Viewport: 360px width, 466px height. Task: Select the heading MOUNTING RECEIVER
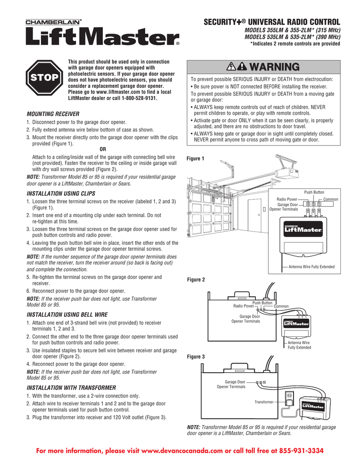(x=53, y=113)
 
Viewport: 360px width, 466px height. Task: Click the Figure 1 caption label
(x=196, y=158)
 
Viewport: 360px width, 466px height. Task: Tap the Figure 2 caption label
(x=196, y=280)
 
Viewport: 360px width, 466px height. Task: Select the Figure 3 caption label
(x=196, y=357)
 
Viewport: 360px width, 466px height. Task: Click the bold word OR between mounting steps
(x=102, y=148)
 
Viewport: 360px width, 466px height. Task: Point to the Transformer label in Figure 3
(x=264, y=402)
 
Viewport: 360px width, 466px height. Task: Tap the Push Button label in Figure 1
(x=314, y=192)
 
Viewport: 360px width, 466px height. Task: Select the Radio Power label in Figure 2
(x=243, y=306)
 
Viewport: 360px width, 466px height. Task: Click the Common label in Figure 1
(x=331, y=200)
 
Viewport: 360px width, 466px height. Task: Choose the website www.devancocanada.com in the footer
(x=184, y=451)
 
